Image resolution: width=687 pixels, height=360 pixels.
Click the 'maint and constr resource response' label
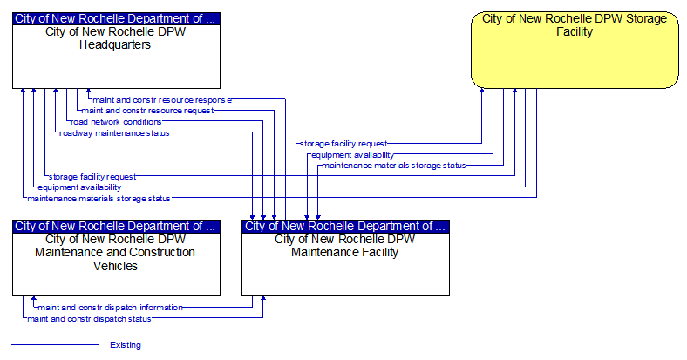(162, 100)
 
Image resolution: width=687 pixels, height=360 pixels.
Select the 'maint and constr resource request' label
(147, 111)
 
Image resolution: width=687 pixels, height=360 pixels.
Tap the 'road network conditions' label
(116, 122)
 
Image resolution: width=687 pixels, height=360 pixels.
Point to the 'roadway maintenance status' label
(114, 133)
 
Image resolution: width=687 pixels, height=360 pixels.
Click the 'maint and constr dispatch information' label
(111, 308)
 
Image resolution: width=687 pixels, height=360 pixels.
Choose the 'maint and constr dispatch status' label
(90, 319)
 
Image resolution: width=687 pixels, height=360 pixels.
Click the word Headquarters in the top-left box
(115, 44)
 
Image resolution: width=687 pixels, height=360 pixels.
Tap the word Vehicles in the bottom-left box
(115, 266)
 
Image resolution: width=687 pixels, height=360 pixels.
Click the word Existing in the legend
(126, 345)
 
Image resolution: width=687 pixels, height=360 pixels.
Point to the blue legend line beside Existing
(55, 344)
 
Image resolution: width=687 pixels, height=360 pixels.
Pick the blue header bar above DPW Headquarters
(116, 19)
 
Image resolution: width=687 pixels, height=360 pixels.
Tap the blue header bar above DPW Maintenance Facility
(346, 226)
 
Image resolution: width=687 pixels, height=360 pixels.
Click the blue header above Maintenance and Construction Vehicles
(116, 226)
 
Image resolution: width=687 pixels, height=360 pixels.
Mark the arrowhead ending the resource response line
(88, 92)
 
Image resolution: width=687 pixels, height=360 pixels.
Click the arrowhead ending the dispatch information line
(34, 299)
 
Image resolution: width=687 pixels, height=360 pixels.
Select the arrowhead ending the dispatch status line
(263, 299)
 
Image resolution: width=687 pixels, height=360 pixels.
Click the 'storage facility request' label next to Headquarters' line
(92, 177)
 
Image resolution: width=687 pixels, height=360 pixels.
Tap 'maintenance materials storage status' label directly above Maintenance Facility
(394, 166)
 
